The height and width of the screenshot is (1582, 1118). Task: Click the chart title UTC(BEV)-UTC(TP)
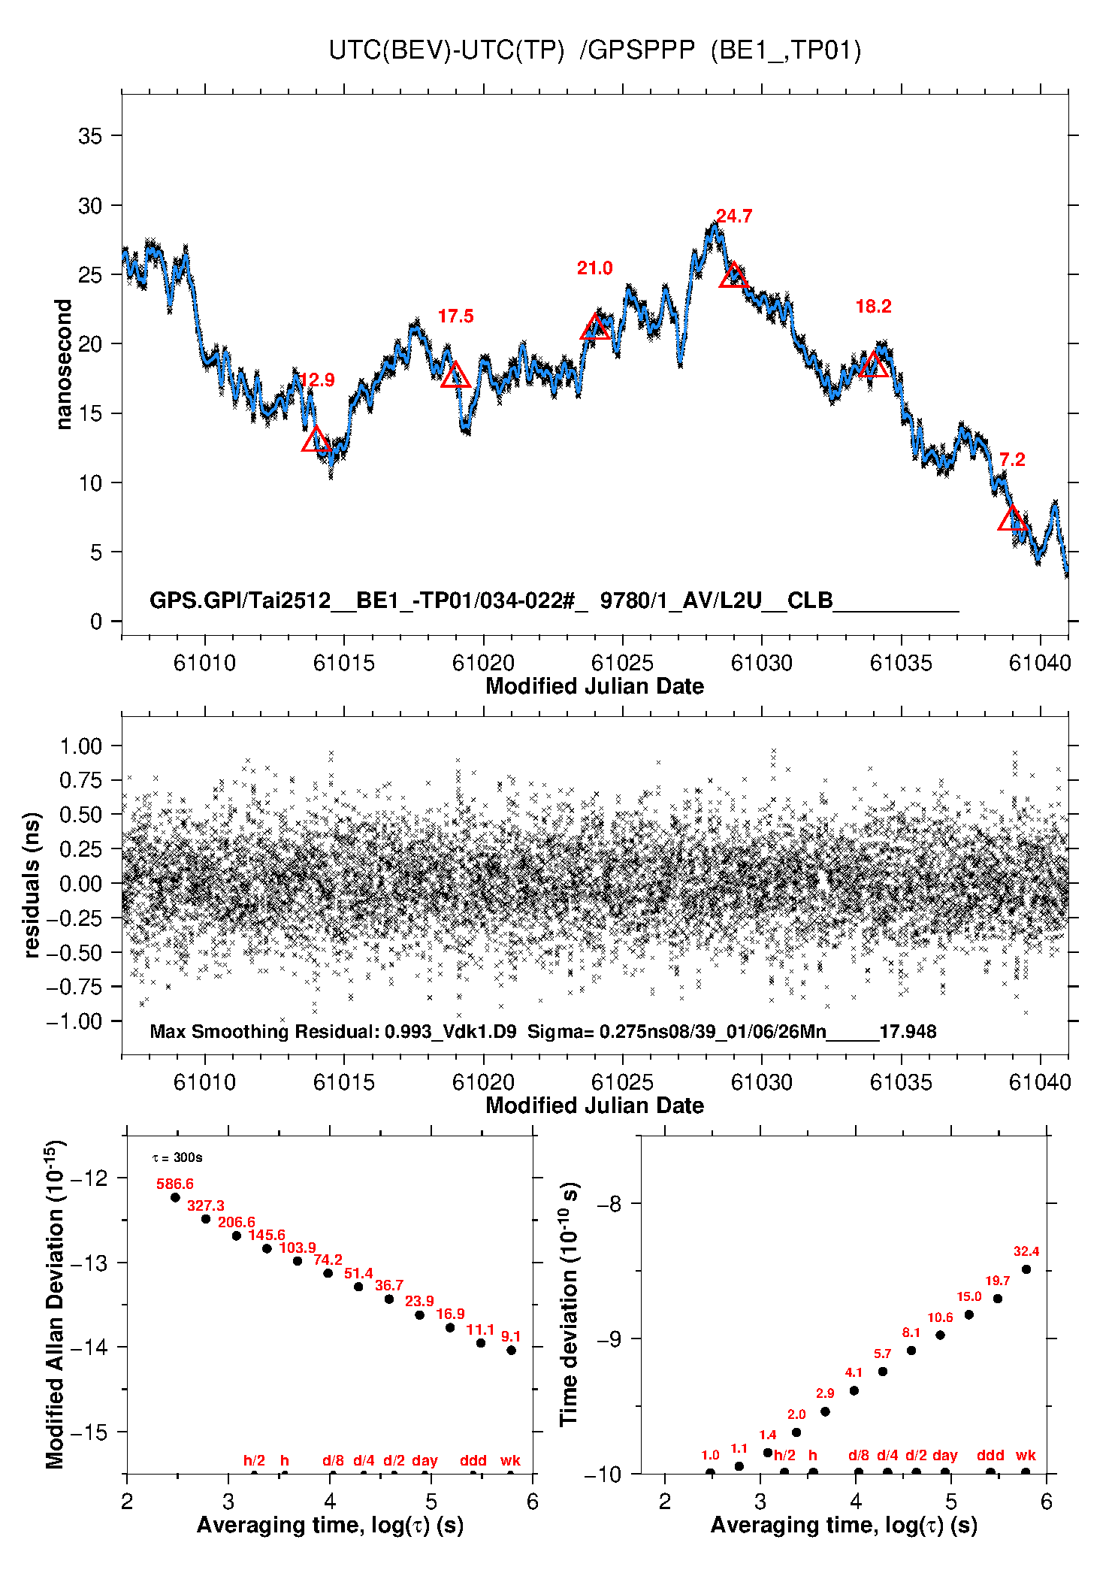pyautogui.click(x=446, y=50)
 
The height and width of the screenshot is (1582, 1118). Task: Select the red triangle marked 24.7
pyautogui.click(x=733, y=277)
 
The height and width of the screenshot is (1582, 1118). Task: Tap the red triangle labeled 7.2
pyautogui.click(x=1013, y=519)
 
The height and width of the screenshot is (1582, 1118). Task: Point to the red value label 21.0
pyautogui.click(x=594, y=268)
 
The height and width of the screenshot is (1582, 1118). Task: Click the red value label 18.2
pyautogui.click(x=873, y=307)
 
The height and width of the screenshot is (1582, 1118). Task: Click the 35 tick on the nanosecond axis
pyautogui.click(x=90, y=136)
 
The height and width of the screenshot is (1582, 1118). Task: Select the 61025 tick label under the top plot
pyautogui.click(x=622, y=663)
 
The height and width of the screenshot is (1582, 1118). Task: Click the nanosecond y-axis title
pyautogui.click(x=64, y=364)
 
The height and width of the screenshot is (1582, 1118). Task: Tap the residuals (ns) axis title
pyautogui.click(x=32, y=885)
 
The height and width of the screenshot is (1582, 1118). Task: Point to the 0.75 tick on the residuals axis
pyautogui.click(x=81, y=780)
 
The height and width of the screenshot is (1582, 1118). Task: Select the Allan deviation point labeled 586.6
pyautogui.click(x=175, y=1198)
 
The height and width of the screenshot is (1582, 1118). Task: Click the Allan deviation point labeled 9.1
pyautogui.click(x=511, y=1351)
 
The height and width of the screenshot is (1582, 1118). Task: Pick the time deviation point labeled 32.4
pyautogui.click(x=1026, y=1269)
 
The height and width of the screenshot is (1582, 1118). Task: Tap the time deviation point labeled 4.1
pyautogui.click(x=854, y=1391)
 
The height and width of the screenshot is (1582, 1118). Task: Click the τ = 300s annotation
pyautogui.click(x=177, y=1158)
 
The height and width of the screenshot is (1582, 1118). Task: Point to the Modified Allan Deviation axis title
pyautogui.click(x=55, y=1305)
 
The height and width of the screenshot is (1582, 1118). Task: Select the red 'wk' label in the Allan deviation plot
pyautogui.click(x=510, y=1461)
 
